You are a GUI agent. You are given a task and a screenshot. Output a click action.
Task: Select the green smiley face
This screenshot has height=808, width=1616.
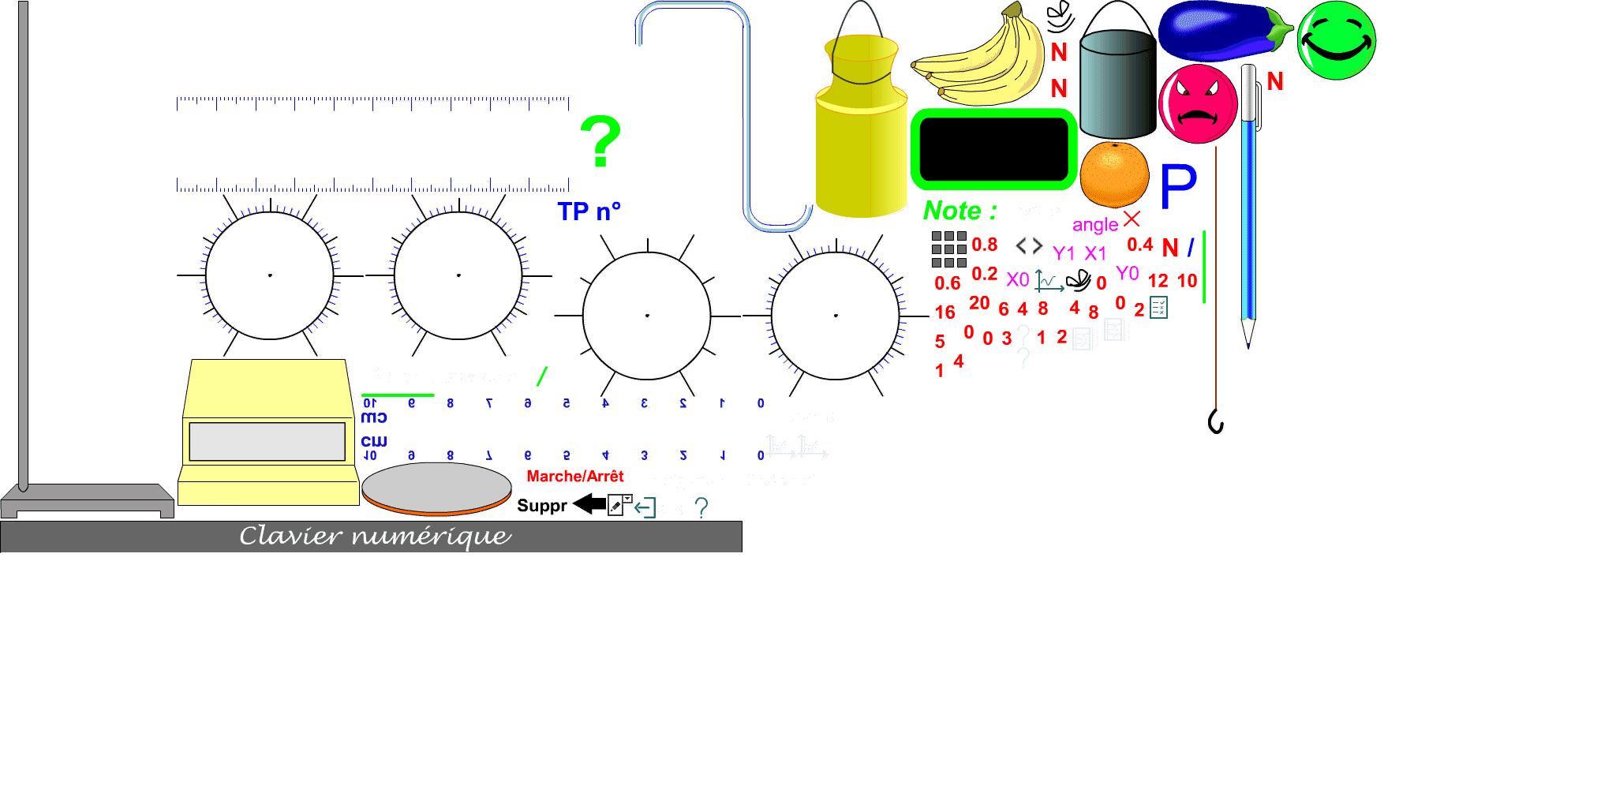[1336, 40]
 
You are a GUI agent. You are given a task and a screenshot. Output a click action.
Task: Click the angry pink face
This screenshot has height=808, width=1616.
[1198, 104]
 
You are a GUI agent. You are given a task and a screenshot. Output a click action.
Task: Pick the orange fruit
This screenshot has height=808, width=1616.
[1114, 174]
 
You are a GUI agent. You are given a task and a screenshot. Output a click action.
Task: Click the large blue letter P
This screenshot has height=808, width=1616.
[1178, 187]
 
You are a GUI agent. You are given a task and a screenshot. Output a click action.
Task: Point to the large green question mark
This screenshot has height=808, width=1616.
[600, 141]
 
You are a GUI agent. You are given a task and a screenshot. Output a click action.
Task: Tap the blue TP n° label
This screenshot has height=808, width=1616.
[589, 211]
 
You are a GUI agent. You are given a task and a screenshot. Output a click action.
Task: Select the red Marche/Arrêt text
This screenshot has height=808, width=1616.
[575, 477]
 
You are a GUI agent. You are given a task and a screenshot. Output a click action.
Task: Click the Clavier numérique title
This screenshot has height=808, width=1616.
[376, 537]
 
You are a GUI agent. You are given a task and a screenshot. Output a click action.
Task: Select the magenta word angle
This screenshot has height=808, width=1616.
[1095, 225]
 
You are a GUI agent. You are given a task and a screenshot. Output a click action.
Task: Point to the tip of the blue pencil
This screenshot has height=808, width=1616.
[1248, 339]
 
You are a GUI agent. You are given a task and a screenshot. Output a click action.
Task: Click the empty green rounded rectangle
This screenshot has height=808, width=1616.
[994, 150]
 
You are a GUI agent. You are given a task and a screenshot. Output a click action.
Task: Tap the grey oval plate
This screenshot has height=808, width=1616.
[436, 486]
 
